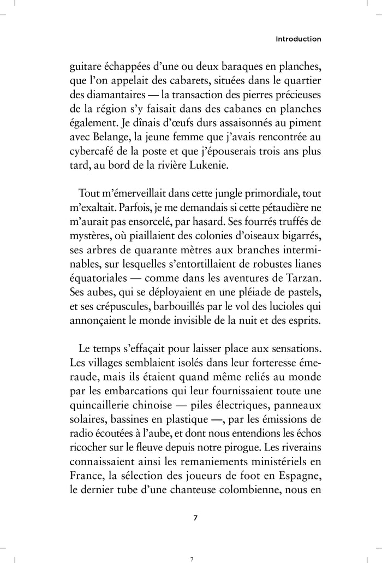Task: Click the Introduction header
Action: tap(298, 39)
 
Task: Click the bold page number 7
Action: tap(196, 518)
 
